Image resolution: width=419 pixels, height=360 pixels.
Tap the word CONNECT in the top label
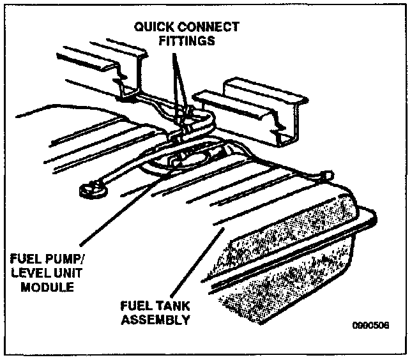209,27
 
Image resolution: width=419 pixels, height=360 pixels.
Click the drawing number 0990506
370,325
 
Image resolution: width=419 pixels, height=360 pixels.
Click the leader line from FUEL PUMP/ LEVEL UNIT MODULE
115,217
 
